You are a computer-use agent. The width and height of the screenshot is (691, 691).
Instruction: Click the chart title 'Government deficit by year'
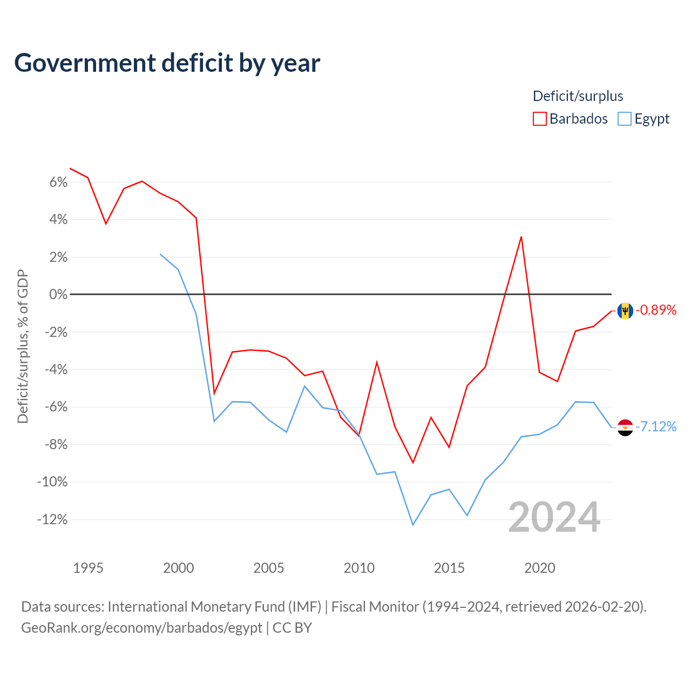coord(167,63)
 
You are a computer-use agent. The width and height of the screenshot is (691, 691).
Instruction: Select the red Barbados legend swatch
coord(539,119)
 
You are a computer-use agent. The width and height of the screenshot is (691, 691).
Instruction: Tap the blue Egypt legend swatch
coord(624,119)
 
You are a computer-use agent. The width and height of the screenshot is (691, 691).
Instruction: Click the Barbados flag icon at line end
coord(625,310)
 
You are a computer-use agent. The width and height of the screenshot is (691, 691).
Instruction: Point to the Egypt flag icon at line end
coord(625,428)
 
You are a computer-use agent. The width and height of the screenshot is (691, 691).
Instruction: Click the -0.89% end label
coord(656,310)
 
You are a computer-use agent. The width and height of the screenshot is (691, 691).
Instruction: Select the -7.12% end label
coord(656,426)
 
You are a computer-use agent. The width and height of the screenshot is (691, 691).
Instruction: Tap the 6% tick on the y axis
coord(58,182)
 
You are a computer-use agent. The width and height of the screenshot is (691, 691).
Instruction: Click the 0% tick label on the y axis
coord(58,294)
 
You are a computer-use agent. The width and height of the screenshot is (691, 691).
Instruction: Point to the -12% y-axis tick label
coord(52,519)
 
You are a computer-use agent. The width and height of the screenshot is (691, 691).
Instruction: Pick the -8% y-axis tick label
coord(56,444)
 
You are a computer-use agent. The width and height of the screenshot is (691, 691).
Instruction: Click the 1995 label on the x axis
coord(88,568)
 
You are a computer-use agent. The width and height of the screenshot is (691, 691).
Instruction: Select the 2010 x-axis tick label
coord(359,568)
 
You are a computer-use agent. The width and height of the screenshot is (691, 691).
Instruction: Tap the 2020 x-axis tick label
coord(540,568)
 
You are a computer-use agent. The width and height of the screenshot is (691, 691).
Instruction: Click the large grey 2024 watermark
coord(554,517)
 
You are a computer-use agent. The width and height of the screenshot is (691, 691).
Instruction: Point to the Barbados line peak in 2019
coord(521,237)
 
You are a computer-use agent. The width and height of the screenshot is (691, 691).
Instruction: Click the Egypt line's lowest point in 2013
coord(413,525)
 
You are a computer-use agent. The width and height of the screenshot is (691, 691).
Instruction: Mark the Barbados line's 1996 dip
coord(106,223)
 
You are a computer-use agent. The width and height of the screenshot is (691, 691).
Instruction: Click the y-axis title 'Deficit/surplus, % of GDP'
coord(23,347)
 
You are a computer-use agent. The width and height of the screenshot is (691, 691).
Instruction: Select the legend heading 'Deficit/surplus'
coord(578,96)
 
